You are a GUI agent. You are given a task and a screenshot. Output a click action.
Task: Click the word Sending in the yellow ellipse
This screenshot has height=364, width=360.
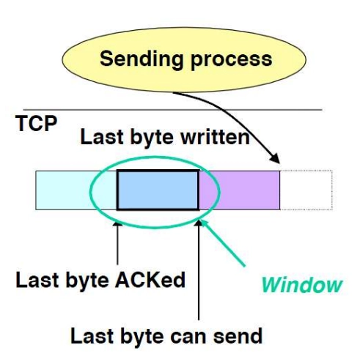[142, 59]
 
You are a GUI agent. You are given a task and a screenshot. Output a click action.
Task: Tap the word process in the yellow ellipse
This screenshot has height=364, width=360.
[231, 60]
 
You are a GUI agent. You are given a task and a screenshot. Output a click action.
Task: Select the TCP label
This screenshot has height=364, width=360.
[36, 123]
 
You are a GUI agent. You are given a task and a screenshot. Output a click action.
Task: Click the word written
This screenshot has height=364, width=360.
[215, 137]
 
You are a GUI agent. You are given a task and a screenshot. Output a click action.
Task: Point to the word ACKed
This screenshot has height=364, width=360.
[150, 280]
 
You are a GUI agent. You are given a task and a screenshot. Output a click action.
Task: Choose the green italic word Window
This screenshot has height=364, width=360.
[302, 285]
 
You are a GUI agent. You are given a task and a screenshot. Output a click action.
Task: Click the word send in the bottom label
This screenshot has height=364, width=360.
[238, 336]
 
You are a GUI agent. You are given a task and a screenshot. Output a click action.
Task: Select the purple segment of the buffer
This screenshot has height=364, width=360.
[239, 190]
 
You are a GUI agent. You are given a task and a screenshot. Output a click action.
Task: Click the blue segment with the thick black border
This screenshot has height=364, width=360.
[158, 190]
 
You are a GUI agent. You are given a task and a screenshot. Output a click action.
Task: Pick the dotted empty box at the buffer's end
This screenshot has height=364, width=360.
[306, 190]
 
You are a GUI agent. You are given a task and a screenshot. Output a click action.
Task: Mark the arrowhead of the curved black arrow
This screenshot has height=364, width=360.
[275, 158]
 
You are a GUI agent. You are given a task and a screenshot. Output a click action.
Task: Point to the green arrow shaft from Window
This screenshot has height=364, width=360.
[224, 243]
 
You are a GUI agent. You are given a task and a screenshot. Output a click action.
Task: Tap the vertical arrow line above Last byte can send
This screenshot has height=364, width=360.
[199, 270]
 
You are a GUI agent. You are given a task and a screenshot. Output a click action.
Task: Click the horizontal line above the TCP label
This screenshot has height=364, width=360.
[172, 110]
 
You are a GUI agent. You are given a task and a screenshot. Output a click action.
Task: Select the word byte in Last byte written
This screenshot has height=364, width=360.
[152, 138]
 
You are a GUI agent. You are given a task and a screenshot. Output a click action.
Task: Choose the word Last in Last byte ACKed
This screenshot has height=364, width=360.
[37, 280]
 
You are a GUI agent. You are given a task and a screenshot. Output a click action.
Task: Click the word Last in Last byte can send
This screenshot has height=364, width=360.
[92, 336]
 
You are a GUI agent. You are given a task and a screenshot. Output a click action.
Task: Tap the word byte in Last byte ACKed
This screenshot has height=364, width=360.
[87, 281]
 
